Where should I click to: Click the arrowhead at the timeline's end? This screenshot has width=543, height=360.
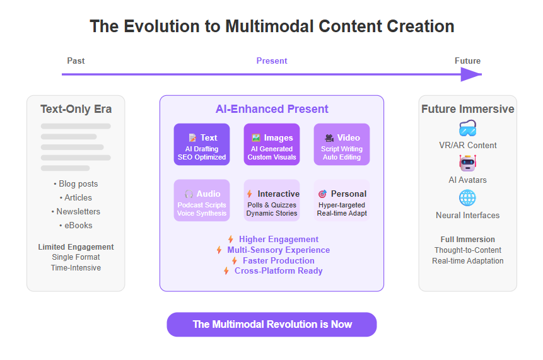click(471, 74)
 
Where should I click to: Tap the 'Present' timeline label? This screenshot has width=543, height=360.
click(272, 61)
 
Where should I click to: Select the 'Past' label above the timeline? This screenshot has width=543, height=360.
click(76, 61)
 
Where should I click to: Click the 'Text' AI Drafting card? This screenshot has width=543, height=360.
click(202, 144)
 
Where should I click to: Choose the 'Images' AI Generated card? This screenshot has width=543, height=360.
click(272, 144)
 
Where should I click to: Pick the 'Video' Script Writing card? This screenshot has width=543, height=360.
click(342, 144)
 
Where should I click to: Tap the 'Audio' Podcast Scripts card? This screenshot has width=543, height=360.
click(202, 200)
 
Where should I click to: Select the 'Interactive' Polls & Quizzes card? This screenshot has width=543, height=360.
click(272, 200)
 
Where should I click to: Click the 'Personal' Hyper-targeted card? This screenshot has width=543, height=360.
click(342, 200)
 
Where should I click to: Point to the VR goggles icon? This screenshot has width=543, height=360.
click(467, 129)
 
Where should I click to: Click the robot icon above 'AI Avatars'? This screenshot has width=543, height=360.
click(467, 163)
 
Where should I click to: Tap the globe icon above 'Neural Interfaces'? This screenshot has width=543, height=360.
click(467, 198)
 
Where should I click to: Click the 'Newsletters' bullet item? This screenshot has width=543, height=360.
click(76, 211)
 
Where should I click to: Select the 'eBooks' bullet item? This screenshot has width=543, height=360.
click(76, 225)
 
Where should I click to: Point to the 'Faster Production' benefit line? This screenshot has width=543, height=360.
click(273, 260)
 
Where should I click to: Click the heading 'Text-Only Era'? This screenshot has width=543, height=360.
click(76, 109)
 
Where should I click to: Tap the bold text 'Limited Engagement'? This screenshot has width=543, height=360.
click(76, 247)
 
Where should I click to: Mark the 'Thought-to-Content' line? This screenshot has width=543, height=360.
click(468, 250)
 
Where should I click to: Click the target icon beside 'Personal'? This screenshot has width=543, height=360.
click(322, 194)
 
